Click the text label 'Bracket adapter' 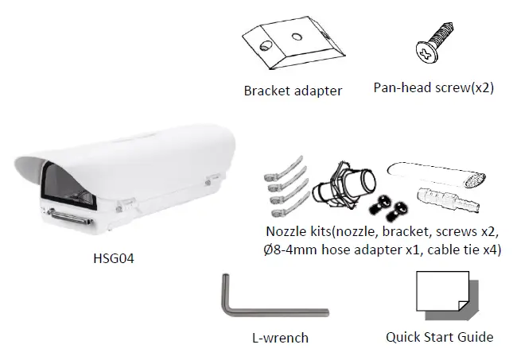coord(293,91)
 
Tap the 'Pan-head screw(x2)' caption coord(433,87)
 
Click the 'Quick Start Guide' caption coord(439,337)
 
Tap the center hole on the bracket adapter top coord(295,36)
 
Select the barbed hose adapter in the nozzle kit coord(448,195)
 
